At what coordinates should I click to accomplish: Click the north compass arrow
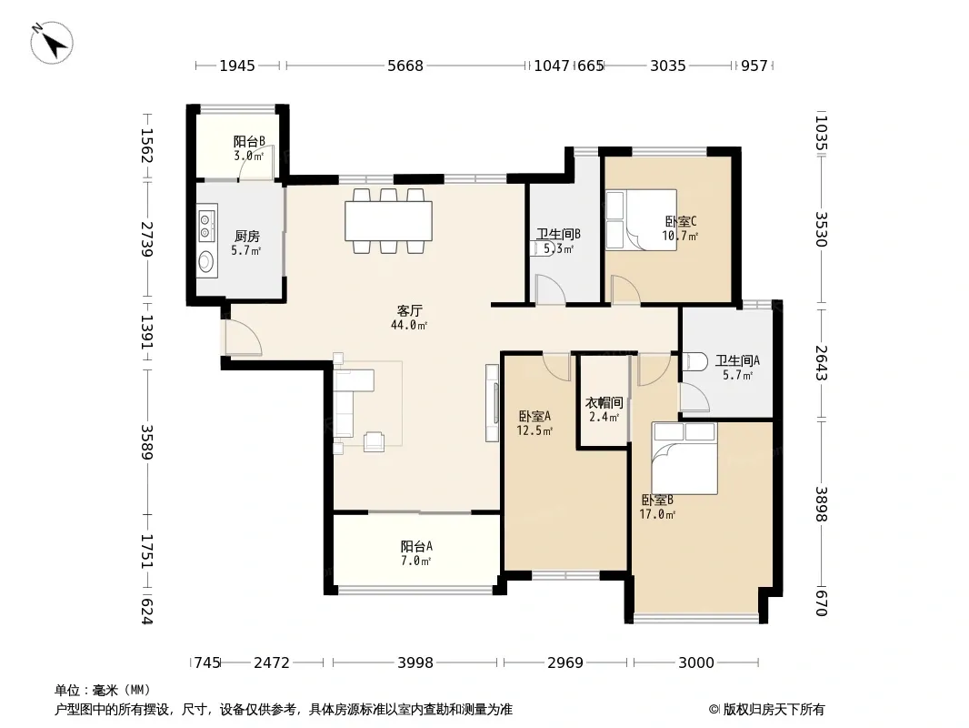pos(52,43)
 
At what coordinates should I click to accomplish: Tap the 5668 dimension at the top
pos(405,66)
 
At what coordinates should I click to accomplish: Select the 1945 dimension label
pos(237,66)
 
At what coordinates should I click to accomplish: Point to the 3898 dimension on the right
pos(820,504)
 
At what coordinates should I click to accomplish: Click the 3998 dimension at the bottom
pos(415,662)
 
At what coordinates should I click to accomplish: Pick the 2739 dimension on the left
pos(146,238)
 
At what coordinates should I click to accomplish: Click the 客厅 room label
pos(409,310)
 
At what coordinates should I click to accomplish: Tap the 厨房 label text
pos(246,237)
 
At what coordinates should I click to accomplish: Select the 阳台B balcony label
pos(249,142)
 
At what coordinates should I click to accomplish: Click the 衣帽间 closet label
pos(604,402)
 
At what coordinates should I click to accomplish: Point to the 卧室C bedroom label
pos(681,221)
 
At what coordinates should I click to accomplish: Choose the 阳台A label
pos(416,546)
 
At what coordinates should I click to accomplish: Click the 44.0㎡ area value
pos(409,326)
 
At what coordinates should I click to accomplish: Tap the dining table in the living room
pos(388,221)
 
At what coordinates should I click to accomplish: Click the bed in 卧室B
pos(684,459)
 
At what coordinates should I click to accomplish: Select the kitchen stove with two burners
pos(206,226)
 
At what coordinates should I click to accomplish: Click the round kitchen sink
pos(206,262)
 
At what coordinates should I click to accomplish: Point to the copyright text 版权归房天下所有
pos(774,710)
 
